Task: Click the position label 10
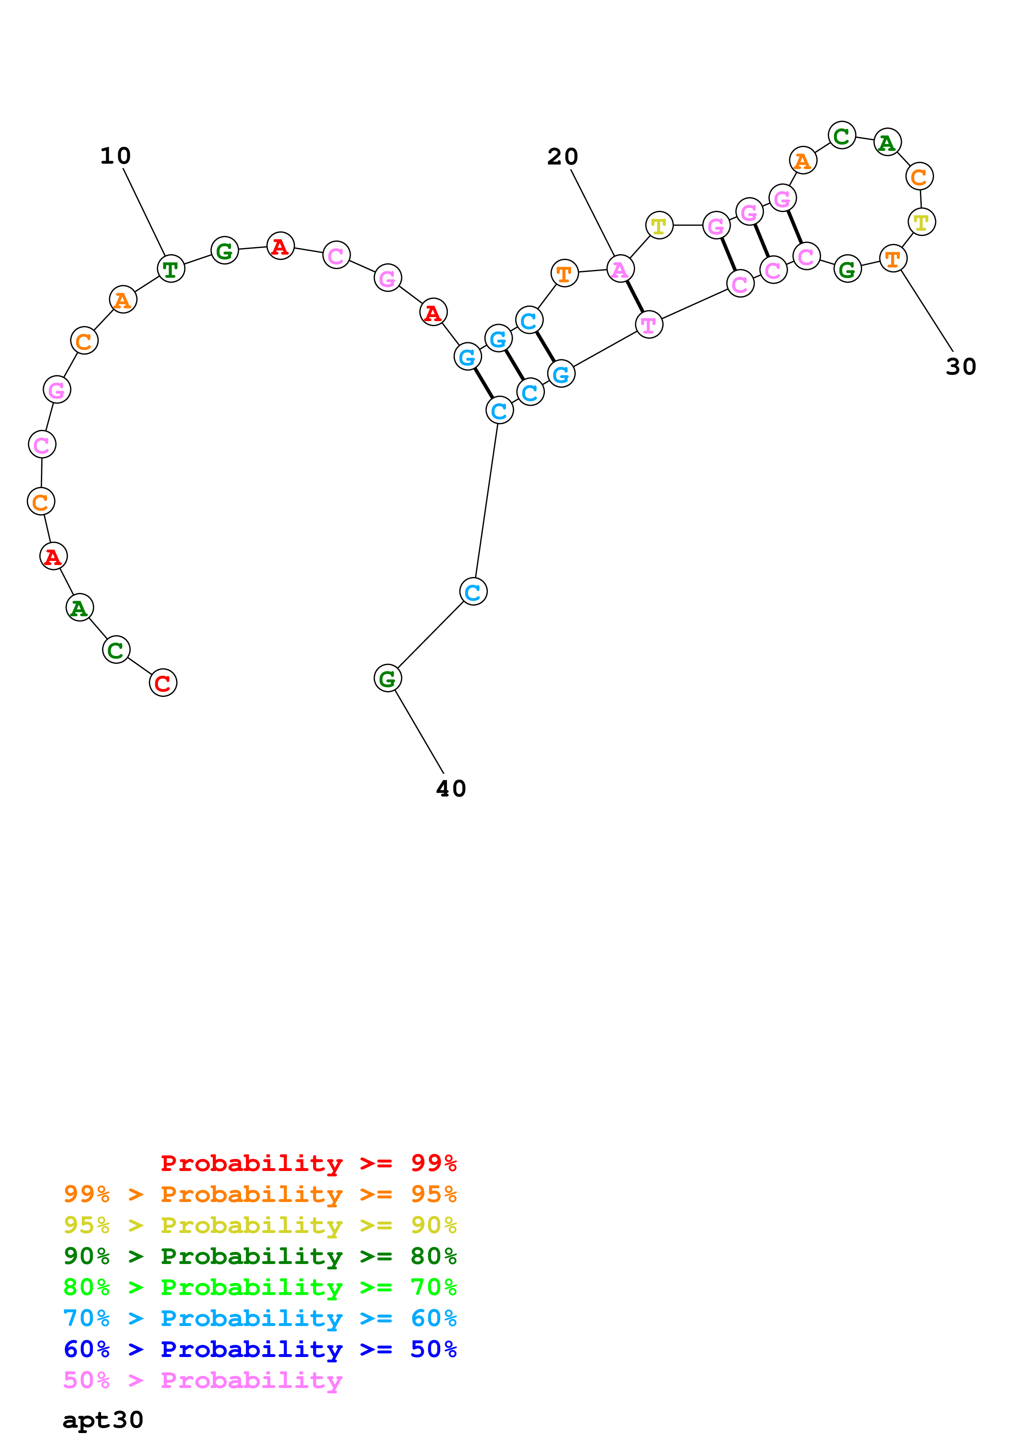click(x=116, y=156)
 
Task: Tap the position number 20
click(x=562, y=157)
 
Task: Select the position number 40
click(x=451, y=789)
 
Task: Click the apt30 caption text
click(x=103, y=1420)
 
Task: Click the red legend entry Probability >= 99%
click(x=308, y=1163)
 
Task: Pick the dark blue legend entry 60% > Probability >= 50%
click(x=260, y=1349)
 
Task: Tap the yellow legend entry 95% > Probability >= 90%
click(x=260, y=1225)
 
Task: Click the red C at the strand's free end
click(x=163, y=683)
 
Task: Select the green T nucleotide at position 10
click(x=170, y=269)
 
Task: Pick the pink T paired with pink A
click(x=649, y=325)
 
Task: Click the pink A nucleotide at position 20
click(x=620, y=269)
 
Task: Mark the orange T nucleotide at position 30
click(x=892, y=258)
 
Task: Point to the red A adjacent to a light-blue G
click(x=433, y=312)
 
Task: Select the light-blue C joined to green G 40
click(x=473, y=592)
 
